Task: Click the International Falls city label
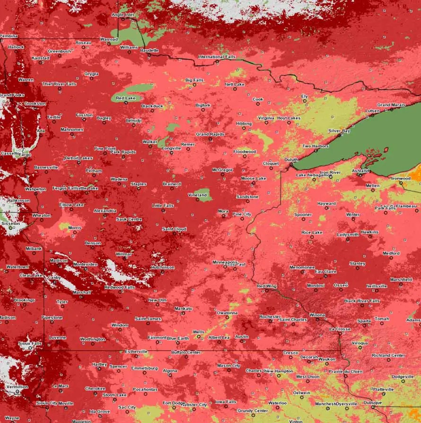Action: click(217, 57)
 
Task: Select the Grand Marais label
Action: click(390, 104)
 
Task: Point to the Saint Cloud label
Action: click(174, 229)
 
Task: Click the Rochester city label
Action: click(270, 316)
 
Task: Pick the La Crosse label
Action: click(340, 328)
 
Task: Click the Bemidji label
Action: click(133, 121)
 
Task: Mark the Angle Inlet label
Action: click(123, 15)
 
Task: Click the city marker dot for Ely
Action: click(305, 101)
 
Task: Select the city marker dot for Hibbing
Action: click(244, 128)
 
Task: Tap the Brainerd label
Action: click(172, 183)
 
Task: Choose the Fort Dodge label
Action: click(173, 403)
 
